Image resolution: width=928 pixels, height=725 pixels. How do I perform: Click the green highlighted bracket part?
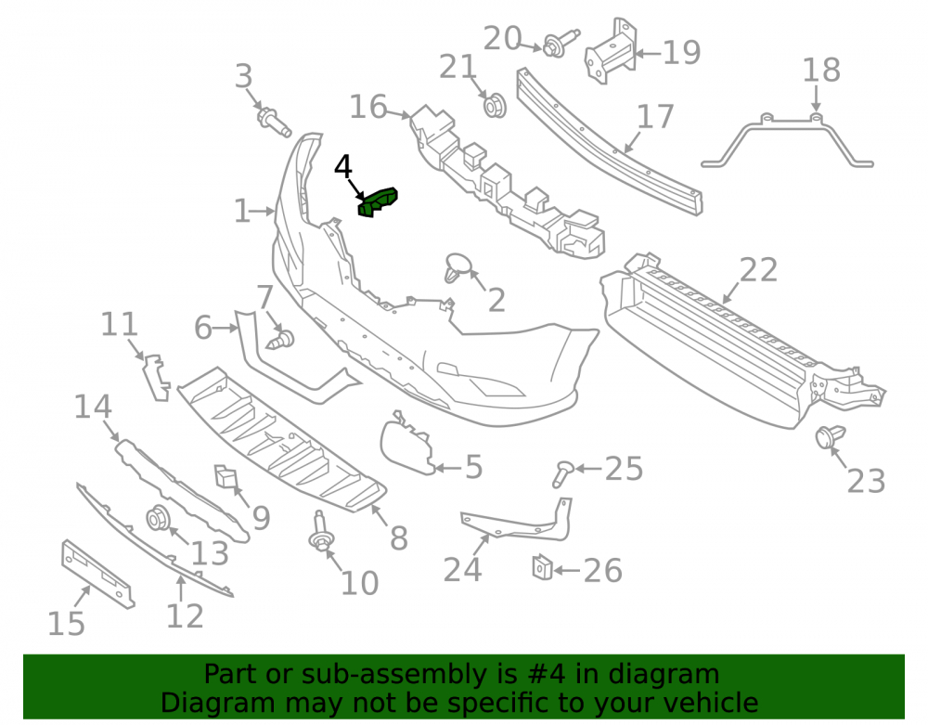pyautogui.click(x=378, y=202)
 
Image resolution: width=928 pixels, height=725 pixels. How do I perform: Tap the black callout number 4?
pyautogui.click(x=343, y=167)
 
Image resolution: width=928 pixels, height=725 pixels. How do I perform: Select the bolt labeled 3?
pyautogui.click(x=274, y=122)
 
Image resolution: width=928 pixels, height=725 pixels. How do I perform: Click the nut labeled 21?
pyautogui.click(x=495, y=105)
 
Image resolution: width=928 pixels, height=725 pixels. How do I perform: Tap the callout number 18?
pyautogui.click(x=821, y=70)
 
